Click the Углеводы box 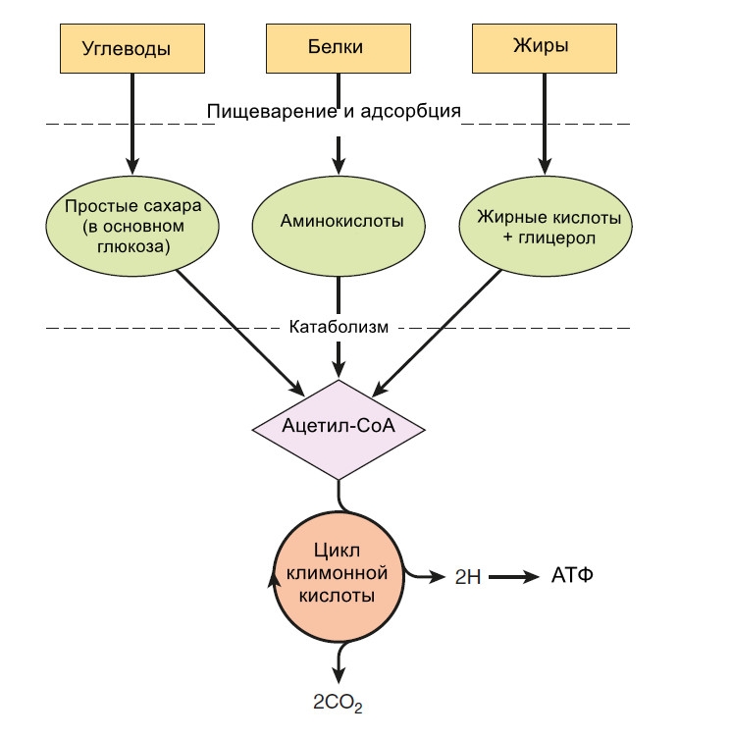click(x=131, y=47)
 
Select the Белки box click(x=339, y=47)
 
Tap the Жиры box click(x=546, y=47)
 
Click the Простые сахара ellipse click(x=131, y=227)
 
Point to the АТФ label click(x=573, y=575)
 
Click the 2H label click(x=467, y=577)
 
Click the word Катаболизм click(x=339, y=327)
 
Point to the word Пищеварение click(x=270, y=110)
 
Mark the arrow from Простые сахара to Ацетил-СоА click(x=240, y=330)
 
